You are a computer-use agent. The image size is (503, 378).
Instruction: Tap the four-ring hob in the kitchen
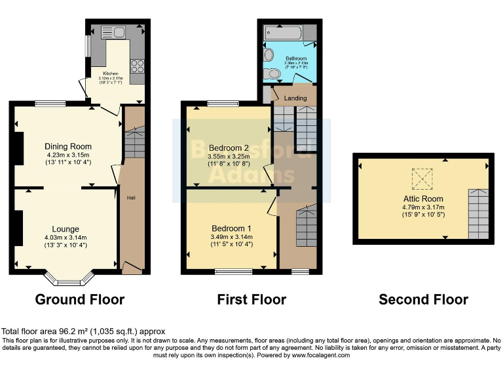click(138, 66)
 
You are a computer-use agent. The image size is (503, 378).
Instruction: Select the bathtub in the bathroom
click(288, 32)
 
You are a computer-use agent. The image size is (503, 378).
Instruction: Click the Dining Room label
click(68, 146)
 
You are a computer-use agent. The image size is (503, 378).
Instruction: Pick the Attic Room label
click(423, 198)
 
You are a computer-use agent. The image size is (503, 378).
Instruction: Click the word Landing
click(295, 98)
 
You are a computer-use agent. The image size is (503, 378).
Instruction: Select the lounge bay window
click(68, 281)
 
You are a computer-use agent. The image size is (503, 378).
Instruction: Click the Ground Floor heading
click(80, 300)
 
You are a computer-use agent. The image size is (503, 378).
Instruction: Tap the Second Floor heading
click(423, 300)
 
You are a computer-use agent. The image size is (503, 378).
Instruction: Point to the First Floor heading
click(251, 300)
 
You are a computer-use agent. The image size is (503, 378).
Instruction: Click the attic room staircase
click(477, 213)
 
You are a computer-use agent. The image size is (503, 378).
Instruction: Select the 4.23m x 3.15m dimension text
click(68, 155)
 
